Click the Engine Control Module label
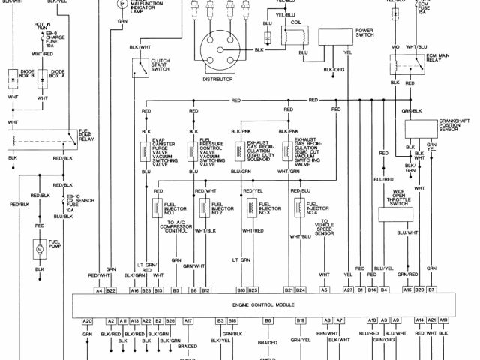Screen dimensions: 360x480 [262, 307]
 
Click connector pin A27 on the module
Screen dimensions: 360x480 [347, 289]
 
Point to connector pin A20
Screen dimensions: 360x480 [88, 321]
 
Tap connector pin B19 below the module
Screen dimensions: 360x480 [301, 321]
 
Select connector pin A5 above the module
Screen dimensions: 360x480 [324, 289]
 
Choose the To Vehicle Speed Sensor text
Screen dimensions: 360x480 [325, 229]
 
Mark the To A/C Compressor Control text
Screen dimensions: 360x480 [176, 228]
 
